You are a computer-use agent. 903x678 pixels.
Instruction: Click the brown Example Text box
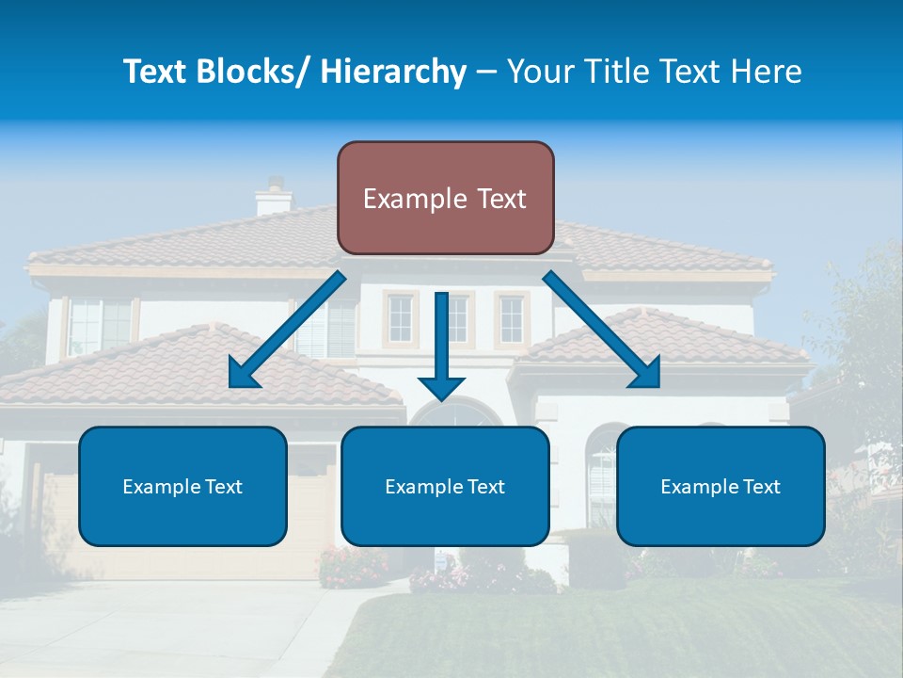445,198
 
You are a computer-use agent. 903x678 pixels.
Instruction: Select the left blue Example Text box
182,486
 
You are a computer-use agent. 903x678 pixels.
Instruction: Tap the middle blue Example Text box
445,486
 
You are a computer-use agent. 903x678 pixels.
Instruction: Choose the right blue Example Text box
721,486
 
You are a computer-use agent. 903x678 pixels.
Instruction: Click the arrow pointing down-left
287,331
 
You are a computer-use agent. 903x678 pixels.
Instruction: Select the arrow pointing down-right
602,330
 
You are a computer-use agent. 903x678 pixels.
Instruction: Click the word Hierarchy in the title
392,72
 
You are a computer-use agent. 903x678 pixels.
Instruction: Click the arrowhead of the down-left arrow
243,375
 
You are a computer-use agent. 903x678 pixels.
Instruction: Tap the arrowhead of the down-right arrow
646,374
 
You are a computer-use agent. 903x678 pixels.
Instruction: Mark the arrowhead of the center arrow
441,386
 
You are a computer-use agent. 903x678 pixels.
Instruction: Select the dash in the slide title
486,72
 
